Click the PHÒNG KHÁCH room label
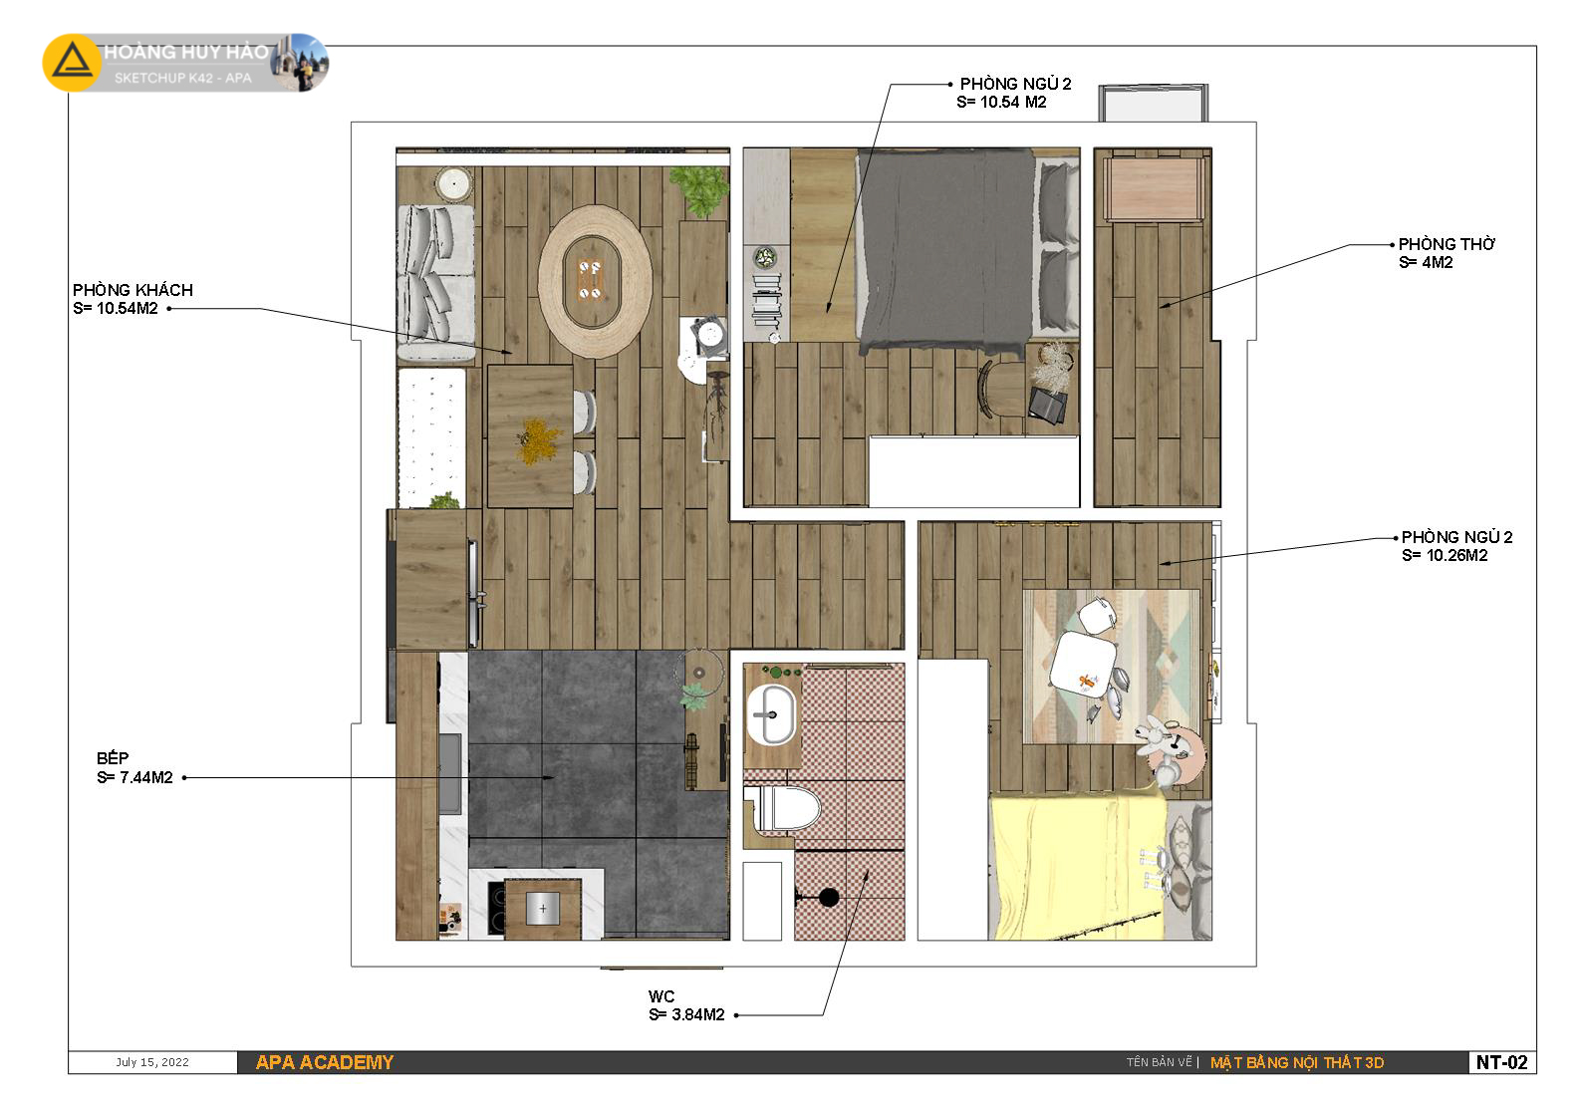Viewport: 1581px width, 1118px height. tap(132, 290)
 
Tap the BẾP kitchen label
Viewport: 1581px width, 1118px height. tap(113, 758)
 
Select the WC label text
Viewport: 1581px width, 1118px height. tap(661, 996)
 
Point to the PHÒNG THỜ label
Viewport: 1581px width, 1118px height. tap(1447, 244)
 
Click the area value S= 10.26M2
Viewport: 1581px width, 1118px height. tap(1445, 555)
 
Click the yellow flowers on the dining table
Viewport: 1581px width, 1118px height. tap(540, 439)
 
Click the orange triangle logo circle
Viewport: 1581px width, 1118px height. tap(72, 62)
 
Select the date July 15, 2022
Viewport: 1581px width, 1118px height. tap(152, 1062)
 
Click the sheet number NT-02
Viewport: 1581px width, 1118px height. tap(1502, 1062)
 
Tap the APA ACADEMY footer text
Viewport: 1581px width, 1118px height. tap(325, 1062)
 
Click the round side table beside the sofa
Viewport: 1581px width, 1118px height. tap(453, 184)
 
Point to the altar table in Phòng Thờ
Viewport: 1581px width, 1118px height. tap(1154, 188)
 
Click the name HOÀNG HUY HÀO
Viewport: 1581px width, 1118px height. tap(185, 52)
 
